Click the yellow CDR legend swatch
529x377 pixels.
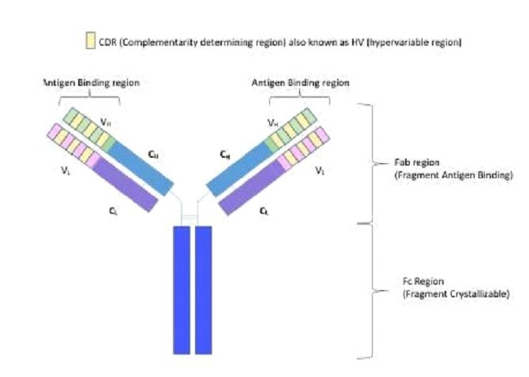(90, 42)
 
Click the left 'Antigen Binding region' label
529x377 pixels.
(83, 83)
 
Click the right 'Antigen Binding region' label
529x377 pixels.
(300, 83)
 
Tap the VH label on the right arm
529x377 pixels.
(273, 123)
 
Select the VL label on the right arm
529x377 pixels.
(320, 170)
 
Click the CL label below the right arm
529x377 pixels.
(264, 212)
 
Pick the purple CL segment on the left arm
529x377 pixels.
(127, 188)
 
